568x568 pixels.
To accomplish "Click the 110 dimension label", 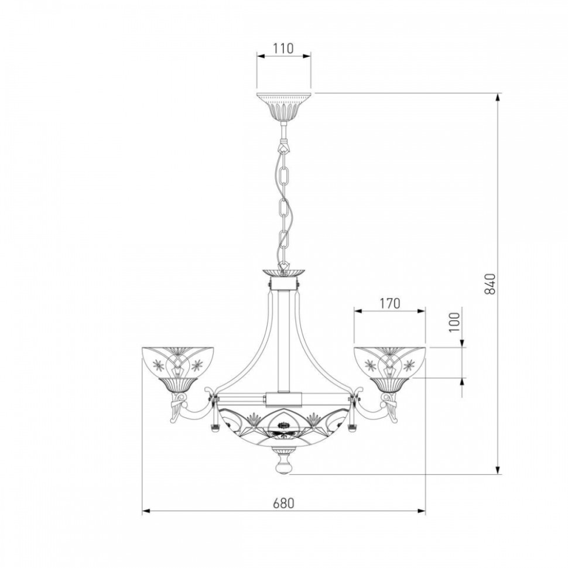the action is [283, 48].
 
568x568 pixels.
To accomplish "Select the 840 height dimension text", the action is [490, 283].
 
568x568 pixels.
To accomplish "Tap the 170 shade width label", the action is [390, 303].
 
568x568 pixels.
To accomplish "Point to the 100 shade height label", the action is [454, 321].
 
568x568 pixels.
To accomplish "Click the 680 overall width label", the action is [283, 503].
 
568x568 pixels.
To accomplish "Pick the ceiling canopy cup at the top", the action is [284, 108].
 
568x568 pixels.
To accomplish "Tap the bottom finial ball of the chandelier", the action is [284, 467].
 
